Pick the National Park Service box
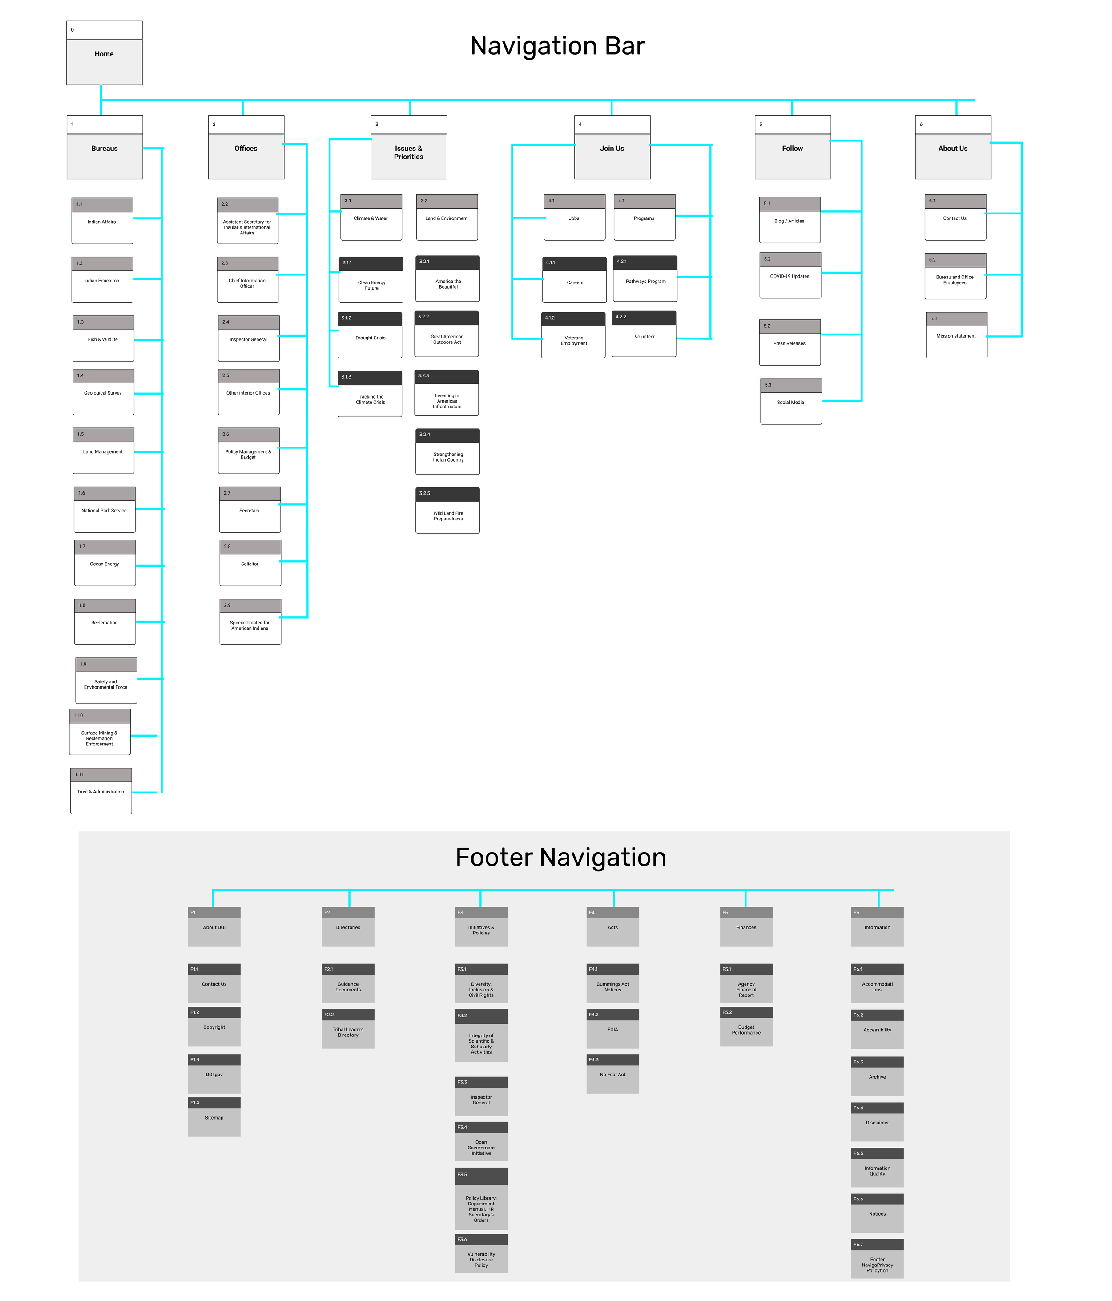104,511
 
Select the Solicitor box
250,564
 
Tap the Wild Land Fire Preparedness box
447,516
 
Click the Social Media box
790,403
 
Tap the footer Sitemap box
214,1118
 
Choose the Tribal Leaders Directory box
348,1032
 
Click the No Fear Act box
612,1075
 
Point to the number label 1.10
78,716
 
